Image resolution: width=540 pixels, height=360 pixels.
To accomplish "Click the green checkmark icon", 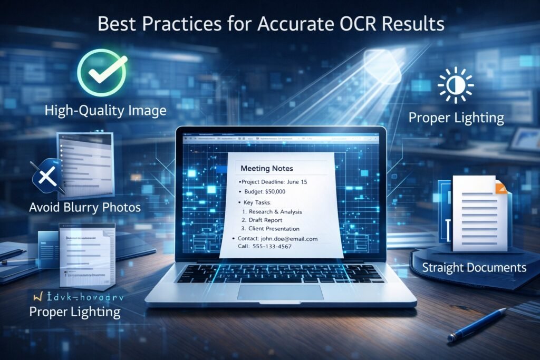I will [x=102, y=72].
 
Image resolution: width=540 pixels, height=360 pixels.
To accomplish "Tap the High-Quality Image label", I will [x=105, y=110].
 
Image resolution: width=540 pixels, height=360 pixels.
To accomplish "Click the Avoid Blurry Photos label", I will [x=85, y=207].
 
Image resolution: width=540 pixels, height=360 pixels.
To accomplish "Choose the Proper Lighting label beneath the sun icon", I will [x=456, y=117].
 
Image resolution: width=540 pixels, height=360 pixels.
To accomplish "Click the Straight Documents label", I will [x=474, y=267].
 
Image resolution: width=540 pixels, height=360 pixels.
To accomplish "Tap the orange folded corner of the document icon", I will [x=501, y=187].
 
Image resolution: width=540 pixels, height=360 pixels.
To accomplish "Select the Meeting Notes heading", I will [x=266, y=169].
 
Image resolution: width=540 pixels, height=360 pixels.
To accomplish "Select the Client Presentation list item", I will [x=274, y=229].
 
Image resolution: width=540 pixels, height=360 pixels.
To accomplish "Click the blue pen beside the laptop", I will [x=477, y=323].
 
